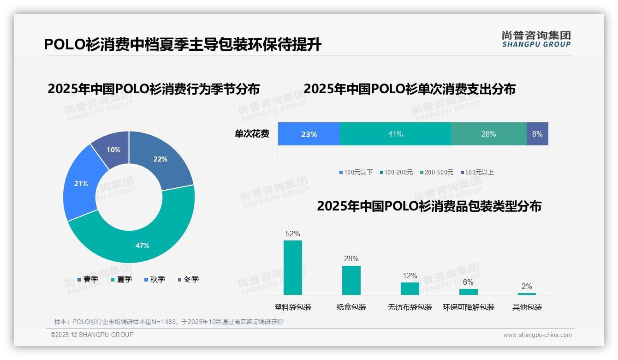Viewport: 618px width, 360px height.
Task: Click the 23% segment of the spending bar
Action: coord(309,134)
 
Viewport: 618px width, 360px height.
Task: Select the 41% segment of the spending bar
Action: coord(395,134)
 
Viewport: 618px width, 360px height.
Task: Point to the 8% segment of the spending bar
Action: coord(537,134)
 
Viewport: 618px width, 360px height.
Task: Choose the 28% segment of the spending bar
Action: coord(488,134)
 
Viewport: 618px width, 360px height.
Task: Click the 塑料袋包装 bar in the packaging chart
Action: coord(293,268)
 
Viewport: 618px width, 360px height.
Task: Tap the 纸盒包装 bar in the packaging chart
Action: coord(351,280)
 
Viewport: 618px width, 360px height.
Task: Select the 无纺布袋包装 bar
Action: coord(410,288)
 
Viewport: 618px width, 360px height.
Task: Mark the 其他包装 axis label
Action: coord(527,307)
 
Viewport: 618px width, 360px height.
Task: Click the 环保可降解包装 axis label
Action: coord(468,307)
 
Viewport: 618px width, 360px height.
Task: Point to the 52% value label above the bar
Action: coord(293,234)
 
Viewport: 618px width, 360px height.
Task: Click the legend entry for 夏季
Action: coord(122,280)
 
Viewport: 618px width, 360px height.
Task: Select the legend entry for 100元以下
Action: coord(356,173)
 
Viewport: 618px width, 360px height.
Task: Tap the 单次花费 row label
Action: coord(252,134)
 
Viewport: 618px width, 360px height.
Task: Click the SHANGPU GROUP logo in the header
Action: coord(536,39)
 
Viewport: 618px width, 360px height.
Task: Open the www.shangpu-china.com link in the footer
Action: coord(537,335)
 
